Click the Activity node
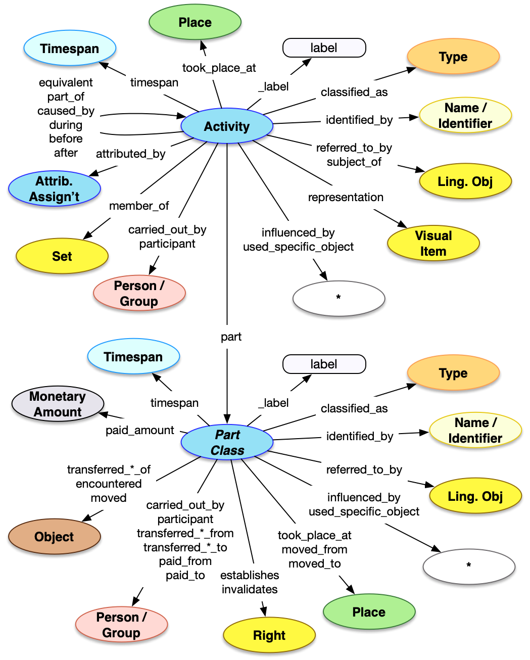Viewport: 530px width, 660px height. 227,126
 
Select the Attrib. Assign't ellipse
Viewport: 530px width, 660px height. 55,189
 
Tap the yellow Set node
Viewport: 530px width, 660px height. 62,256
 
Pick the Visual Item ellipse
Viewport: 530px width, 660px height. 433,243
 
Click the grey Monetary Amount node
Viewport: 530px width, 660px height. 58,404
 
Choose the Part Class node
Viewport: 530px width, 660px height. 227,443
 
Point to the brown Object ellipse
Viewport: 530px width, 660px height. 54,537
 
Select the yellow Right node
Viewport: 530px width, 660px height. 269,635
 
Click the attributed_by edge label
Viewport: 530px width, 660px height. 131,154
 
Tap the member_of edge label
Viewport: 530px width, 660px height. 139,206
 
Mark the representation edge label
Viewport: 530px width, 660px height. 346,197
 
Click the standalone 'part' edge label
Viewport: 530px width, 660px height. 231,337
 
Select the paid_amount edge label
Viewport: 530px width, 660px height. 139,430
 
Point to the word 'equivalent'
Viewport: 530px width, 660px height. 66,82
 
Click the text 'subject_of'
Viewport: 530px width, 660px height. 354,162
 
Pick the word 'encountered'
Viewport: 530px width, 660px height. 109,484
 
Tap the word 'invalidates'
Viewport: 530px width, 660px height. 250,589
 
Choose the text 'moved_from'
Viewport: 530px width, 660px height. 314,549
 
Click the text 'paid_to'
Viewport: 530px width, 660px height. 185,575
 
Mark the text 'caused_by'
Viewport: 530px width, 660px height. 66,111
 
